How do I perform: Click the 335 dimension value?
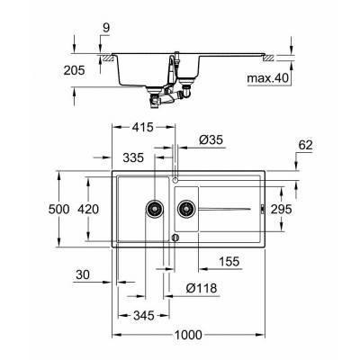pos(133,157)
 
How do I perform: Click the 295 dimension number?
pos(282,209)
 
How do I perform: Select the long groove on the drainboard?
pos(229,209)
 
